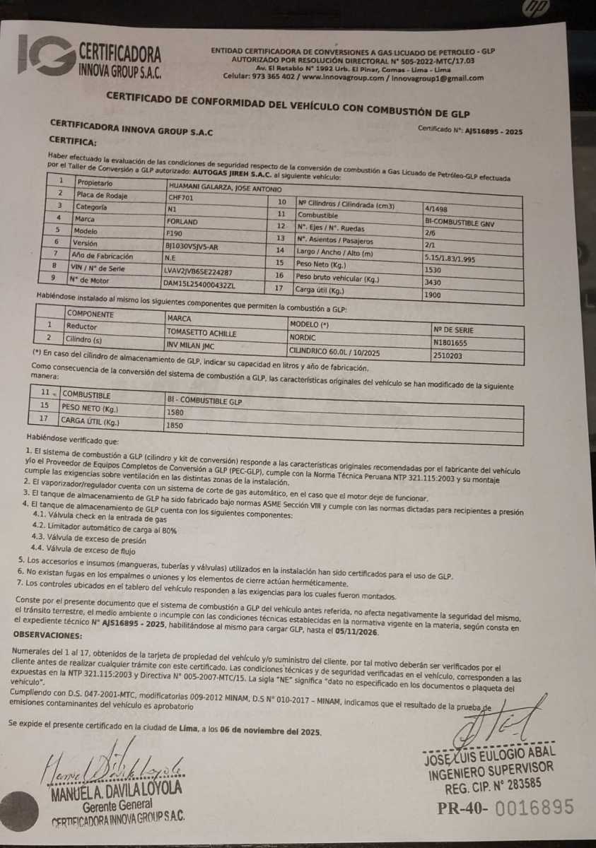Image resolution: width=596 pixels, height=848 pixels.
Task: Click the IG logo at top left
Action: [x=47, y=54]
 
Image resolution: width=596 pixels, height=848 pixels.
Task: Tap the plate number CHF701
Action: [x=180, y=199]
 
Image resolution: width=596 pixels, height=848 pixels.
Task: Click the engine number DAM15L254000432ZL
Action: [x=200, y=285]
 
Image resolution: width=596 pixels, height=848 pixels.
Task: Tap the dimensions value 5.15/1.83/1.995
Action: [x=451, y=259]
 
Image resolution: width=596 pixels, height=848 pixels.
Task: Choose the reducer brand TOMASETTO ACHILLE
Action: [x=201, y=332]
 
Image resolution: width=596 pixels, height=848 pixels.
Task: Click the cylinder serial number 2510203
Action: [x=448, y=356]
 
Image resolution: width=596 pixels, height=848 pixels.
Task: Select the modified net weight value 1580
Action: [x=175, y=411]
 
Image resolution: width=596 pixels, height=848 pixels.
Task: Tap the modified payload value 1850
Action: [x=175, y=426]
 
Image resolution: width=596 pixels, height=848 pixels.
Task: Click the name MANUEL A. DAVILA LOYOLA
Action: [x=116, y=789]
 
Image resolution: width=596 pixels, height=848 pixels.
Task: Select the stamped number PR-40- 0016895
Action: [x=505, y=808]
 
